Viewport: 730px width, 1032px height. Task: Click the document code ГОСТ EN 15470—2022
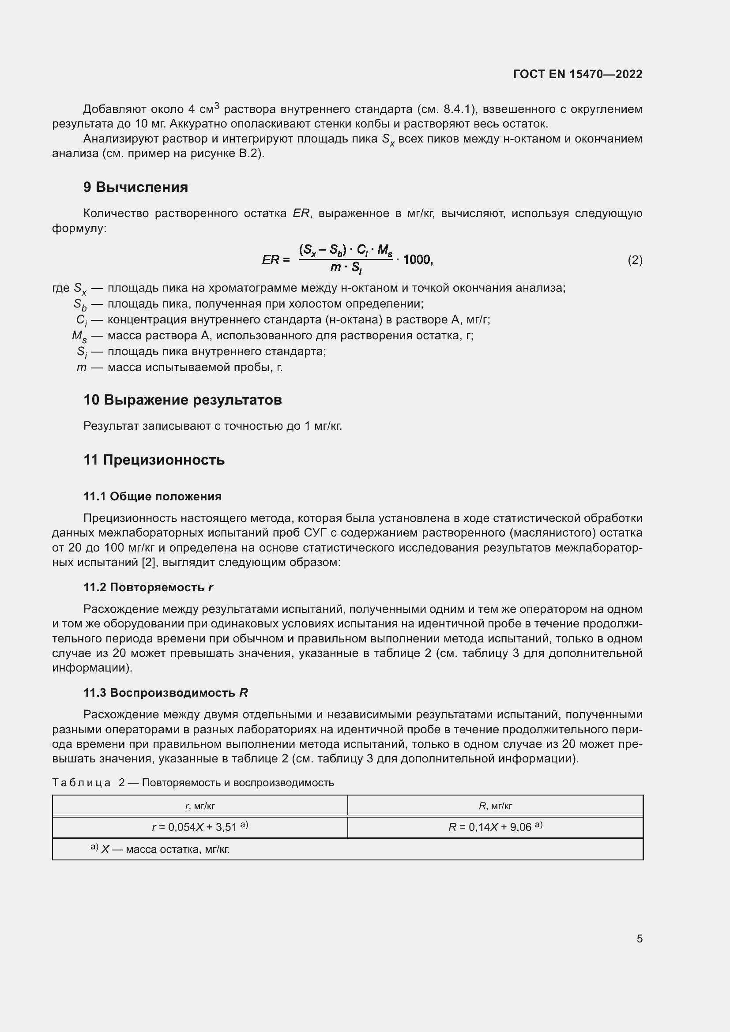click(x=577, y=74)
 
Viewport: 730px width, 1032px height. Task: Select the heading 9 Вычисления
click(x=135, y=187)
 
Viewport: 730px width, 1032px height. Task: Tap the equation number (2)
click(x=635, y=260)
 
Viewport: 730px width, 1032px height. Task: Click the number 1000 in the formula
click(x=417, y=259)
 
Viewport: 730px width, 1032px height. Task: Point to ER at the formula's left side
click(x=271, y=260)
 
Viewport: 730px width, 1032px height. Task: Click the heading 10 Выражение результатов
click(x=183, y=400)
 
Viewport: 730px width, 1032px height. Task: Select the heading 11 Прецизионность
click(x=154, y=460)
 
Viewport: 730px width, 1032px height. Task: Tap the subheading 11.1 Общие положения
click(x=152, y=496)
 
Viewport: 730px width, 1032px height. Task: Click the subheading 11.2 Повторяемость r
click(x=148, y=587)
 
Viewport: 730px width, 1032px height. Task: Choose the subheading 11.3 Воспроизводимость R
click(x=166, y=693)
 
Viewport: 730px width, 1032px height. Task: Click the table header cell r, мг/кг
click(x=200, y=806)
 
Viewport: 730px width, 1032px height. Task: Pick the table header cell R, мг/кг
click(x=495, y=806)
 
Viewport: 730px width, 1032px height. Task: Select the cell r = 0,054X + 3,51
click(x=200, y=826)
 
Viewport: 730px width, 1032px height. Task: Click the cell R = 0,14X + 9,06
click(x=495, y=826)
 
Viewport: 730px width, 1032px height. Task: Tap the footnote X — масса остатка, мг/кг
click(x=165, y=849)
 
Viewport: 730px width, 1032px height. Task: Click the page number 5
click(x=639, y=938)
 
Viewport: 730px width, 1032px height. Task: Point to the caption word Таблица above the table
click(x=81, y=783)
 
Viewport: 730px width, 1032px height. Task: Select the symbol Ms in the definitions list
click(x=79, y=336)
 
